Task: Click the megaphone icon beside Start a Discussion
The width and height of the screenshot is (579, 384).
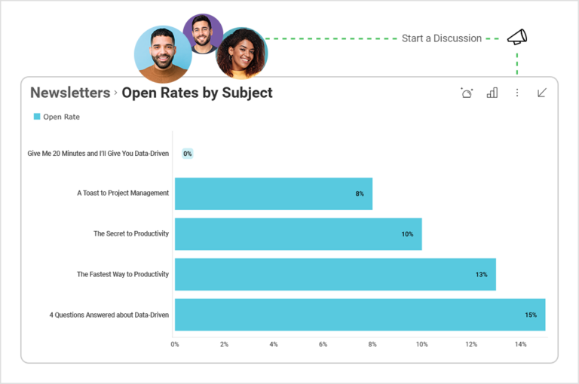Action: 517,37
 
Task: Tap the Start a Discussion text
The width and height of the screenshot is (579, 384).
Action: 441,38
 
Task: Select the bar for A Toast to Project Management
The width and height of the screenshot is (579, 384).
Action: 273,194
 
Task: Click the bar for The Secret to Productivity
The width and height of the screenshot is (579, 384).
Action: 298,234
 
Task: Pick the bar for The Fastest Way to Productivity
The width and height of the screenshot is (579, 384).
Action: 335,274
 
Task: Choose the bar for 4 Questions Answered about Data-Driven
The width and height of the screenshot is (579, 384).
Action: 360,315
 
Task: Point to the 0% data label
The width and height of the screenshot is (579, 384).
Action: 188,154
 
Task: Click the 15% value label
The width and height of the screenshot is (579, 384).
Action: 531,315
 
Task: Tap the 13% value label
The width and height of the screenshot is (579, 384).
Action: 481,275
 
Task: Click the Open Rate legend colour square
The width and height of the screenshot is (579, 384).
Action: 37,117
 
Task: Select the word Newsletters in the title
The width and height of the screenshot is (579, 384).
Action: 70,93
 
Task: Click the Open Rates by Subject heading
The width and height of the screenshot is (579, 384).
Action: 197,93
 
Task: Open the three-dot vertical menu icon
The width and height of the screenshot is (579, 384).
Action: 517,93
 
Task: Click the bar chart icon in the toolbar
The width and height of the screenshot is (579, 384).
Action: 492,93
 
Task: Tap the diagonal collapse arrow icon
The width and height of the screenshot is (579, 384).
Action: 541,93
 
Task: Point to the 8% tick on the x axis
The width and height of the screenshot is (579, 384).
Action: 372,344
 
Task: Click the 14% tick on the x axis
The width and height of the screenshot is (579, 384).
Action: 520,344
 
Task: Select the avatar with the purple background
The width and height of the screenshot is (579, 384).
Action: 203,32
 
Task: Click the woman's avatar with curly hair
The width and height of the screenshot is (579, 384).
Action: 241,53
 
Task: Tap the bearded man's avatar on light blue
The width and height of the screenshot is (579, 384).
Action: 163,53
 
